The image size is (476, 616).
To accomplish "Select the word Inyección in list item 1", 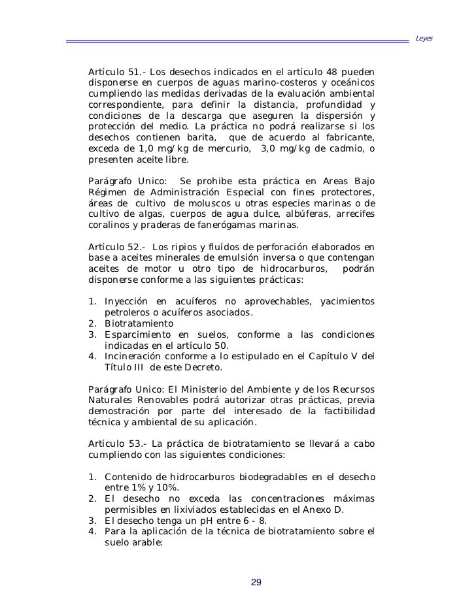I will tap(127, 300).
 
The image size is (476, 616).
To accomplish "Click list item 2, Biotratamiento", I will tap(139, 323).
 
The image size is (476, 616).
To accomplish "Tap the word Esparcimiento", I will tap(137, 334).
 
